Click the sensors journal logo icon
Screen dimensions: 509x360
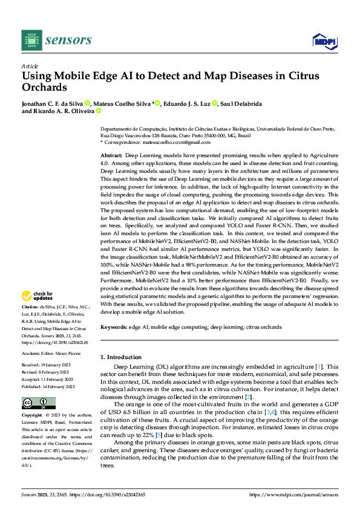pyautogui.click(x=31, y=40)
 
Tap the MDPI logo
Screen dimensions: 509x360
pyautogui.click(x=324, y=41)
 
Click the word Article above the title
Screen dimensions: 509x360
pyautogui.click(x=30, y=65)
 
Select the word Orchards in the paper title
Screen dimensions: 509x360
pyautogui.click(x=44, y=87)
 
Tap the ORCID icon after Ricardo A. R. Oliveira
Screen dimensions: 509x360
pyautogui.click(x=99, y=111)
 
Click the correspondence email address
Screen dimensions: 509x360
pyautogui.click(x=166, y=142)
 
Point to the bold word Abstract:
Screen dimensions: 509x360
pyautogui.click(x=112, y=156)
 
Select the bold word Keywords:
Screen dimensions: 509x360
pyautogui.click(x=114, y=327)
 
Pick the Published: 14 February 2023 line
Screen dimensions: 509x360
pyautogui.click(x=48, y=386)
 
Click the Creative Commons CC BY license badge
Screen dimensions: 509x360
pyautogui.click(x=38, y=403)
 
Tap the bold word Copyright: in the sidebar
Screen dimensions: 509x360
pyautogui.click(x=33, y=416)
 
